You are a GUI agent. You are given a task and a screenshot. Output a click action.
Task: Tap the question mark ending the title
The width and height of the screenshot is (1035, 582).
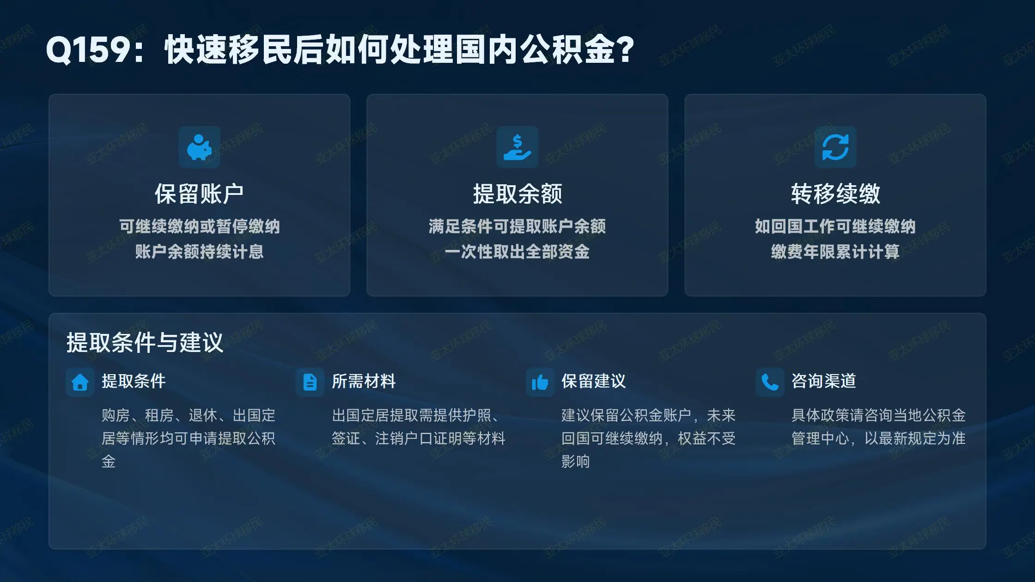click(x=626, y=49)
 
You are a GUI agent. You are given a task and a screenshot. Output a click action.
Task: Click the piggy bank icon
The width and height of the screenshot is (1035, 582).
click(x=199, y=147)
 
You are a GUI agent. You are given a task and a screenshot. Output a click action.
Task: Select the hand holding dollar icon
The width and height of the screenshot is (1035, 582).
click(x=517, y=147)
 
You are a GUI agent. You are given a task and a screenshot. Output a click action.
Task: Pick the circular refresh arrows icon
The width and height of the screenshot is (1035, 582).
click(x=835, y=147)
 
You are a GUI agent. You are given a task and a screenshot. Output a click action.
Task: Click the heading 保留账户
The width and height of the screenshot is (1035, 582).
click(x=199, y=194)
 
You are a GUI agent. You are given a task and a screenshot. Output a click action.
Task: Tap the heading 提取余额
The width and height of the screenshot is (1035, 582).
click(x=517, y=194)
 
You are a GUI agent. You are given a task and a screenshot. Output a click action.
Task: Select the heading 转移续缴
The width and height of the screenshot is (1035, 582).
click(x=835, y=194)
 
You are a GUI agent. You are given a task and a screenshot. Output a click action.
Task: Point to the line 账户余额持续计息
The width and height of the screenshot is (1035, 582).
click(x=199, y=252)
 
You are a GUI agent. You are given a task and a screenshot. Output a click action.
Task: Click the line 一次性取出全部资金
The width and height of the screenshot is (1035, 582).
click(x=517, y=252)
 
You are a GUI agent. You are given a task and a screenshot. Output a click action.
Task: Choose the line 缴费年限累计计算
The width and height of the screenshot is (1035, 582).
click(x=835, y=252)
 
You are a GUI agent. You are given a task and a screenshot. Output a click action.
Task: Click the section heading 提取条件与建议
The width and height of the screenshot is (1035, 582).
click(x=145, y=343)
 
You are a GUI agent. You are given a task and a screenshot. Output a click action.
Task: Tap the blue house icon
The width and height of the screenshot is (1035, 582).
click(x=80, y=382)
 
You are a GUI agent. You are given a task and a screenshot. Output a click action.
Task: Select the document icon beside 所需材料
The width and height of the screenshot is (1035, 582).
click(x=310, y=382)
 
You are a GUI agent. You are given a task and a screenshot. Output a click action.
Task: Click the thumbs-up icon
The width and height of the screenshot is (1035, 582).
click(x=540, y=382)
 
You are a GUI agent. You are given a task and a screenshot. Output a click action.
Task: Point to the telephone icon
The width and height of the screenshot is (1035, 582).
click(x=770, y=382)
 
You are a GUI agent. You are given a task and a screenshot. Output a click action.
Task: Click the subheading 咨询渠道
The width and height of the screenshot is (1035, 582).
click(x=824, y=381)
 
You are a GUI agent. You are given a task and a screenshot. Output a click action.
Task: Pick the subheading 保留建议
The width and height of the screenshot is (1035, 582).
click(x=594, y=381)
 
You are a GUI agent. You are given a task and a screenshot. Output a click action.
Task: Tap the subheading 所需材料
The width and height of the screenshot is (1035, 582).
click(x=364, y=381)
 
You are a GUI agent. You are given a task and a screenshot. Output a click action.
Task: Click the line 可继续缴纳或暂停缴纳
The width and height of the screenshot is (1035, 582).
click(x=199, y=226)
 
